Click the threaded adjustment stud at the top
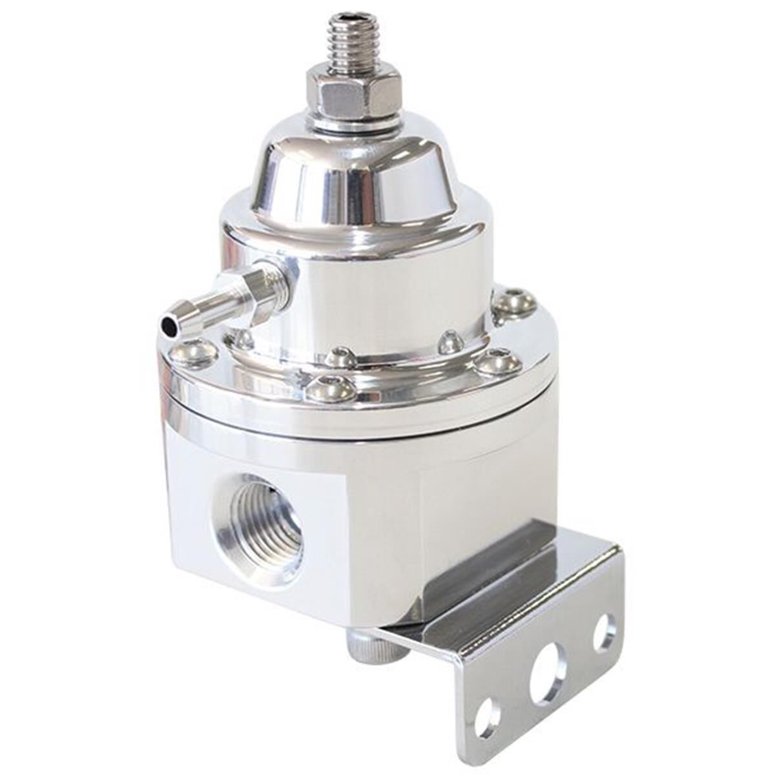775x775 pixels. (x=353, y=43)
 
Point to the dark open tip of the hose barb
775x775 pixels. (x=170, y=327)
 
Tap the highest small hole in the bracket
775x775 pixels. (x=604, y=632)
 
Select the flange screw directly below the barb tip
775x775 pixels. (x=193, y=353)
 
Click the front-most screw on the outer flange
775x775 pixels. (x=330, y=387)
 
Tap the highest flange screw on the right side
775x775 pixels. (x=515, y=304)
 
